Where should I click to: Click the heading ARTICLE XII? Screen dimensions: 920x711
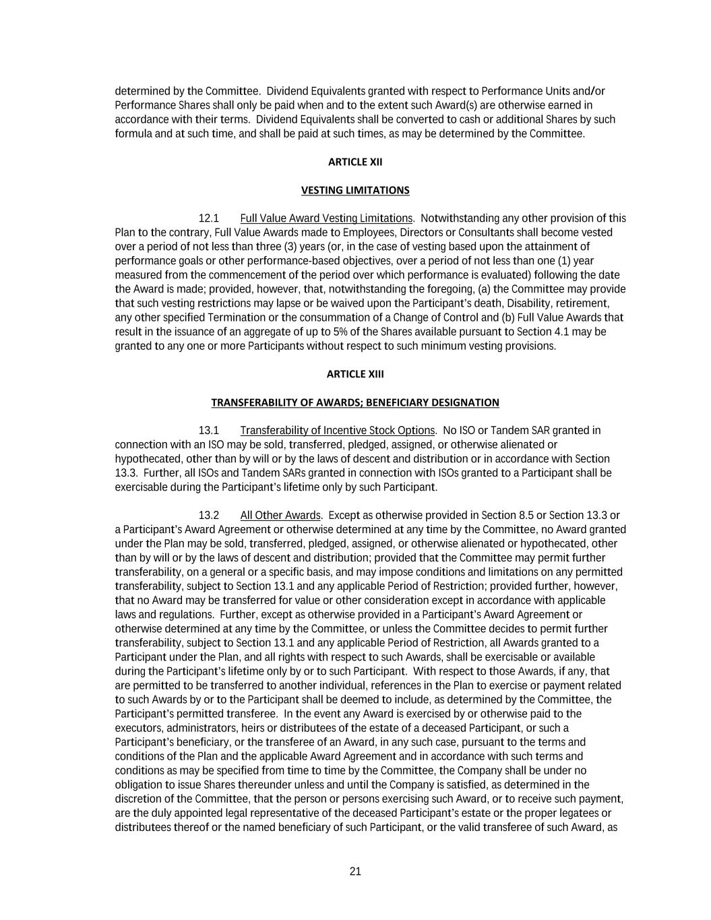(x=355, y=162)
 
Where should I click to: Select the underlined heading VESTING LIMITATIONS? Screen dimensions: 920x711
(x=355, y=190)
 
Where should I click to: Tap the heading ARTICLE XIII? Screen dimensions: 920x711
(x=355, y=374)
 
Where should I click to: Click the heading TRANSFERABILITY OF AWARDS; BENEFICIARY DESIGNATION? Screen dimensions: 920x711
(x=355, y=402)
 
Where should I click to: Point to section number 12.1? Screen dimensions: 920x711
(x=209, y=218)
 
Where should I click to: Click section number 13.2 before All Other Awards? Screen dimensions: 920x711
(x=209, y=516)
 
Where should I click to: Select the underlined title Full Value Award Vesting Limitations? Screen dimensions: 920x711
(x=326, y=218)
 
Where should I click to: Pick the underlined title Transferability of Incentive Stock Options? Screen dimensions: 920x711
(x=338, y=431)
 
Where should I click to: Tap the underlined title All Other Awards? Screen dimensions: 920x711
(x=280, y=516)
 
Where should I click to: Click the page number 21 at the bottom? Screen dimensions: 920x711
(x=355, y=871)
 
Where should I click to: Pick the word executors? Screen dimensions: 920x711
(x=138, y=728)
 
